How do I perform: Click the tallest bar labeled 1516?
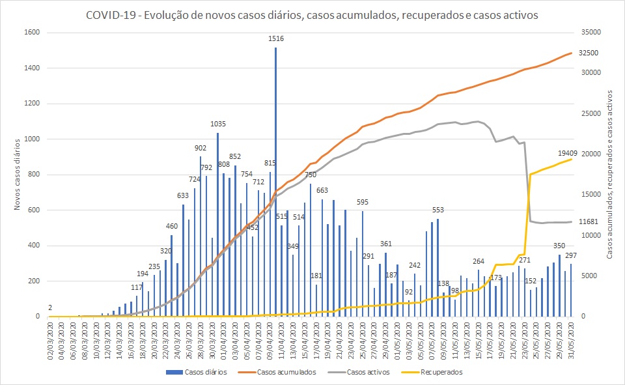tap(275, 182)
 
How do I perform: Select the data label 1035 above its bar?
tap(218, 124)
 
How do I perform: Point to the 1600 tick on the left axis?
tap(33, 33)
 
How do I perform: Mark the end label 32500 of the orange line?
tap(588, 53)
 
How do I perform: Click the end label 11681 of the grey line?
tap(589, 222)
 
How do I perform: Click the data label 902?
tap(201, 148)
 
